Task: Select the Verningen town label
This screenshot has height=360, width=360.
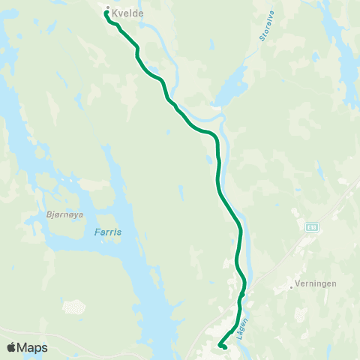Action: [316, 284]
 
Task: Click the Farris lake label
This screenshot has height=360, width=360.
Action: [109, 232]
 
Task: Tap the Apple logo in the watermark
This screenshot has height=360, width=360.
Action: [12, 347]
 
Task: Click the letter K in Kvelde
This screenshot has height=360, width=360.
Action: [115, 12]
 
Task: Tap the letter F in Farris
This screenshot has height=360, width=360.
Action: [98, 232]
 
